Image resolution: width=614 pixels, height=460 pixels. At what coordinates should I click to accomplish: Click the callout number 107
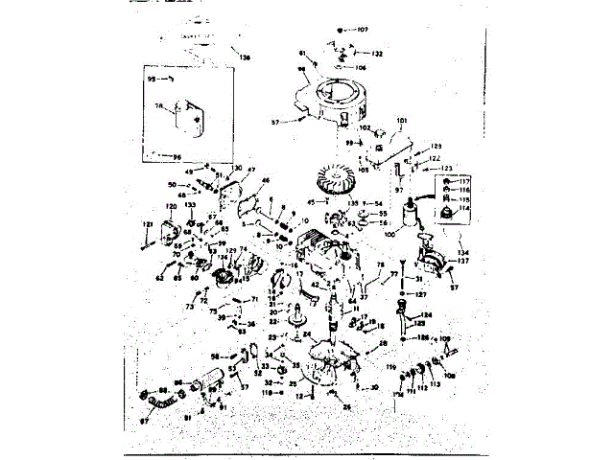[x=362, y=30]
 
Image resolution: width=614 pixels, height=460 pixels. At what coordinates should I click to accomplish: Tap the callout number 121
[x=147, y=224]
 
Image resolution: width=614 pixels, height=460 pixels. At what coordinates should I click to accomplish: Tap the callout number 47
[x=251, y=171]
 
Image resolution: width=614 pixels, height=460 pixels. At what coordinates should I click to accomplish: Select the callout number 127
[x=419, y=295]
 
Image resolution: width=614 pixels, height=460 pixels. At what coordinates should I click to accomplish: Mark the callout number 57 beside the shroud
[x=274, y=123]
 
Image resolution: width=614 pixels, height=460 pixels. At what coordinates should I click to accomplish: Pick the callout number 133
[x=191, y=207]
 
